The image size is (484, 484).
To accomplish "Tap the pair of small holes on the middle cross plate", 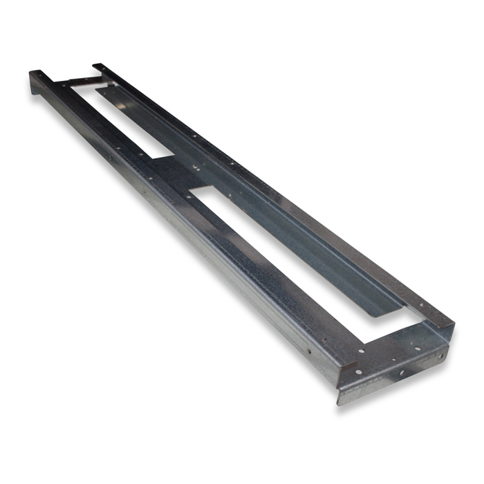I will (196, 166).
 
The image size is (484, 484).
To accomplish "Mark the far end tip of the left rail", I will (33, 72).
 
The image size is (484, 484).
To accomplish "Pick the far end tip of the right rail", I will (96, 66).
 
